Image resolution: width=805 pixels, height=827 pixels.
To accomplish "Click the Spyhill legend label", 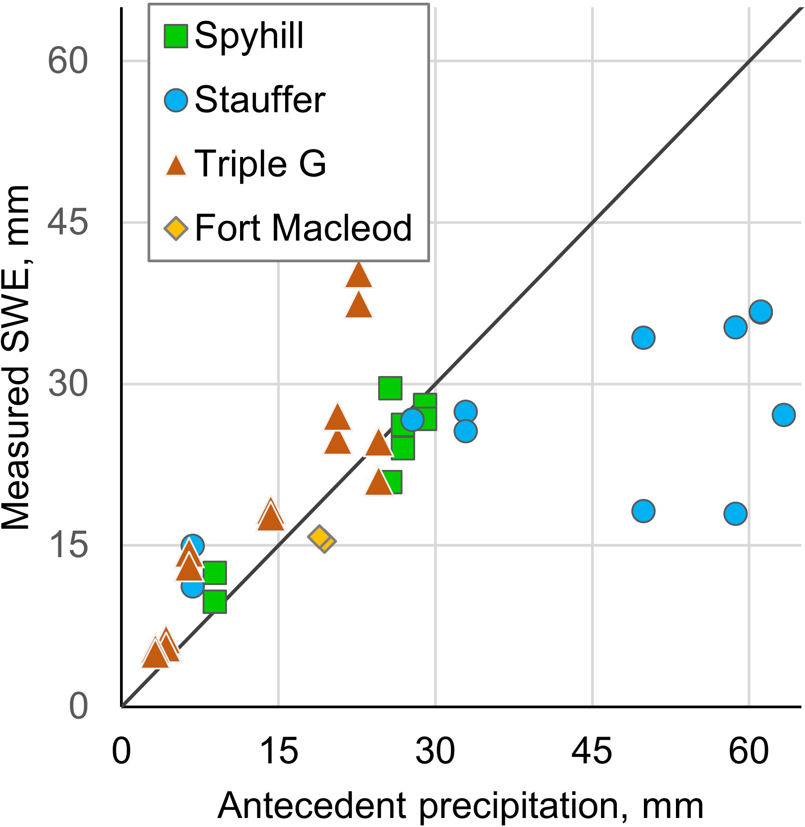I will coord(249,36).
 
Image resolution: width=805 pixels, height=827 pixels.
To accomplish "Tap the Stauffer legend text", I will coord(260,100).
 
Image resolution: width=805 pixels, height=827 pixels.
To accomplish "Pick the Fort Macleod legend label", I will coord(303,228).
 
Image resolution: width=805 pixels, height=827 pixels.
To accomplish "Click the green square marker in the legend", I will coord(176,36).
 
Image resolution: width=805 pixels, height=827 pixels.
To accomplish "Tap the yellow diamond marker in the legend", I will coord(176,228).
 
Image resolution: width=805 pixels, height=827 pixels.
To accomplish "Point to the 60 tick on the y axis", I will coord(68,61).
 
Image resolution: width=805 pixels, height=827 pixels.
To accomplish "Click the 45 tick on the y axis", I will coord(68,222).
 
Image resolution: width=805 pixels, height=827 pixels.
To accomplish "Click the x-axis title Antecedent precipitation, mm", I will coord(460,806).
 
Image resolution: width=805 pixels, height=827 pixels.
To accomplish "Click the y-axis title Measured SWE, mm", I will coord(16,357).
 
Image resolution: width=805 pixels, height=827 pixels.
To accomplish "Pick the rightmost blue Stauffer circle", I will coord(783,414).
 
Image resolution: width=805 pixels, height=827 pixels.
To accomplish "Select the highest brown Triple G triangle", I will coord(358,275).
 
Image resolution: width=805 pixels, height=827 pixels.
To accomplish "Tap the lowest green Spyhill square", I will coord(214,601).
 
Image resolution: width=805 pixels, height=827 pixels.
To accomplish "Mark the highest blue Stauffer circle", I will coord(761,311).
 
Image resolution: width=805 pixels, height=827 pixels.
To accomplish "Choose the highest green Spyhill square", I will coord(390,387).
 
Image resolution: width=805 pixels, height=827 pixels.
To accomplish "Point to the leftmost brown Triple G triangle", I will coord(155,654).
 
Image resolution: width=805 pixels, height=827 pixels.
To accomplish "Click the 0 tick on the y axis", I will coord(78,706).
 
